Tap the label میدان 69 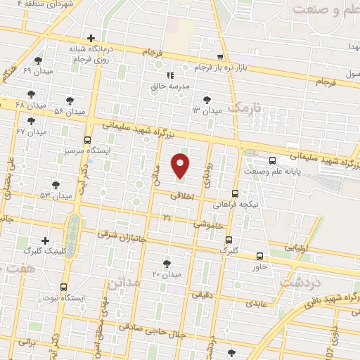33,72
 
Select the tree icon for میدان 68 31,94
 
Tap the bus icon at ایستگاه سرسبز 87,140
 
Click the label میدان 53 56,195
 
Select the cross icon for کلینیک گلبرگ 46,240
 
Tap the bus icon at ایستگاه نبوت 64,287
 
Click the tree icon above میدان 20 167,264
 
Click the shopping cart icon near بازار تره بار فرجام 221,58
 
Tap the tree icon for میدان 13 206,100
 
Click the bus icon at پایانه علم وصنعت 272,160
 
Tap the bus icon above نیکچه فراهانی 235,193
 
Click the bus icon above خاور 260,256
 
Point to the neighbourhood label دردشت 300,281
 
